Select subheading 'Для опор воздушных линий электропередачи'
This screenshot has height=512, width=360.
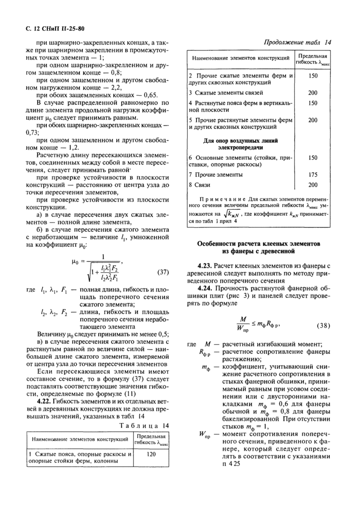click(241, 143)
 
